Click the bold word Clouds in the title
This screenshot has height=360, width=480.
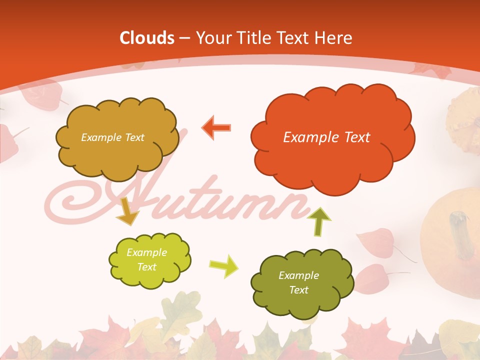pyautogui.click(x=147, y=38)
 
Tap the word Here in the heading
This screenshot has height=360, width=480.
pyautogui.click(x=334, y=38)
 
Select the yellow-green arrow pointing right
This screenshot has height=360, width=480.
pyautogui.click(x=224, y=265)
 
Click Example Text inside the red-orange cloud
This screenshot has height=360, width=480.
pyautogui.click(x=326, y=137)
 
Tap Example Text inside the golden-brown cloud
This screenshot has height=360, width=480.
pyautogui.click(x=112, y=137)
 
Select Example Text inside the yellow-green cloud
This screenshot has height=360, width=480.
pyautogui.click(x=146, y=259)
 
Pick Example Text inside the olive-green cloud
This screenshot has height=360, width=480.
pyautogui.click(x=298, y=282)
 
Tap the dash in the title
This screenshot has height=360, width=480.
pyautogui.click(x=184, y=38)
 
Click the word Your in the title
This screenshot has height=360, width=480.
pyautogui.click(x=213, y=38)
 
